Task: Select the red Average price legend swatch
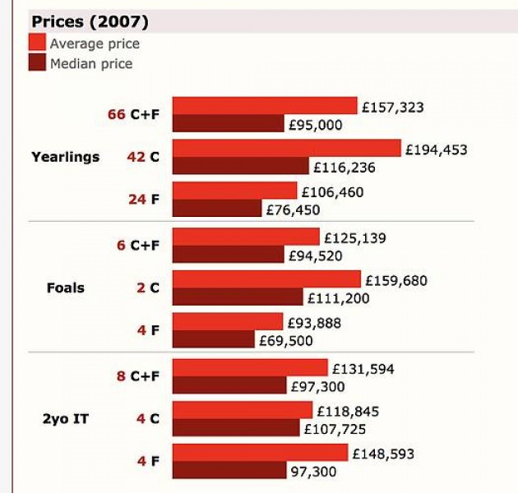[37, 43]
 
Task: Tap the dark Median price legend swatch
[37, 62]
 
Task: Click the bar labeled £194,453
[287, 148]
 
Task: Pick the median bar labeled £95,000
[228, 124]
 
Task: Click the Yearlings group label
[65, 157]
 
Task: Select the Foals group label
[65, 288]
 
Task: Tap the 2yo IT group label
[65, 419]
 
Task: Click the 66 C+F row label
[133, 115]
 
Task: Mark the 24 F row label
[143, 199]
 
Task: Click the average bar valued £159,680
[266, 279]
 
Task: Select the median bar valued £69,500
[214, 339]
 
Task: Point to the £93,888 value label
[314, 323]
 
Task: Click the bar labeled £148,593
[260, 453]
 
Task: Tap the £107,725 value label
[335, 429]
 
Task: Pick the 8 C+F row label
[138, 376]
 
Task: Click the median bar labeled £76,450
[216, 209]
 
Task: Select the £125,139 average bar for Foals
[246, 237]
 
